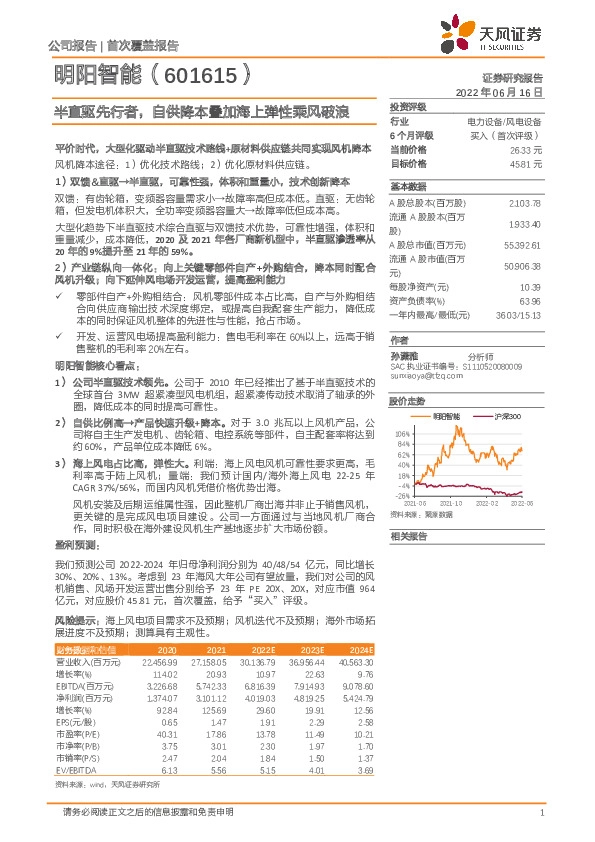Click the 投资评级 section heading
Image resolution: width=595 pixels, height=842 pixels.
pos(408,106)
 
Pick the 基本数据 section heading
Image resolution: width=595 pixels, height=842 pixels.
pos(408,187)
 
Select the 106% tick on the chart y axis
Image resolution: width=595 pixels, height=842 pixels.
pos(401,434)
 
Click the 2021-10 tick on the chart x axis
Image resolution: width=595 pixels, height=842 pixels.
pos(451,504)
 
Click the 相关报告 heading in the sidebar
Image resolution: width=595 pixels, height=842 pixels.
pos(408,536)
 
